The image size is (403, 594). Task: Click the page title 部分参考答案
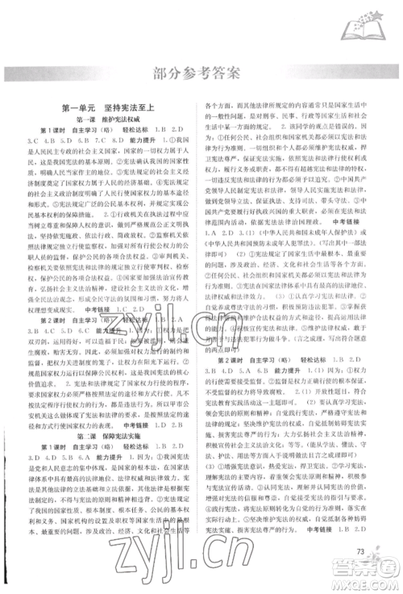(201, 76)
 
